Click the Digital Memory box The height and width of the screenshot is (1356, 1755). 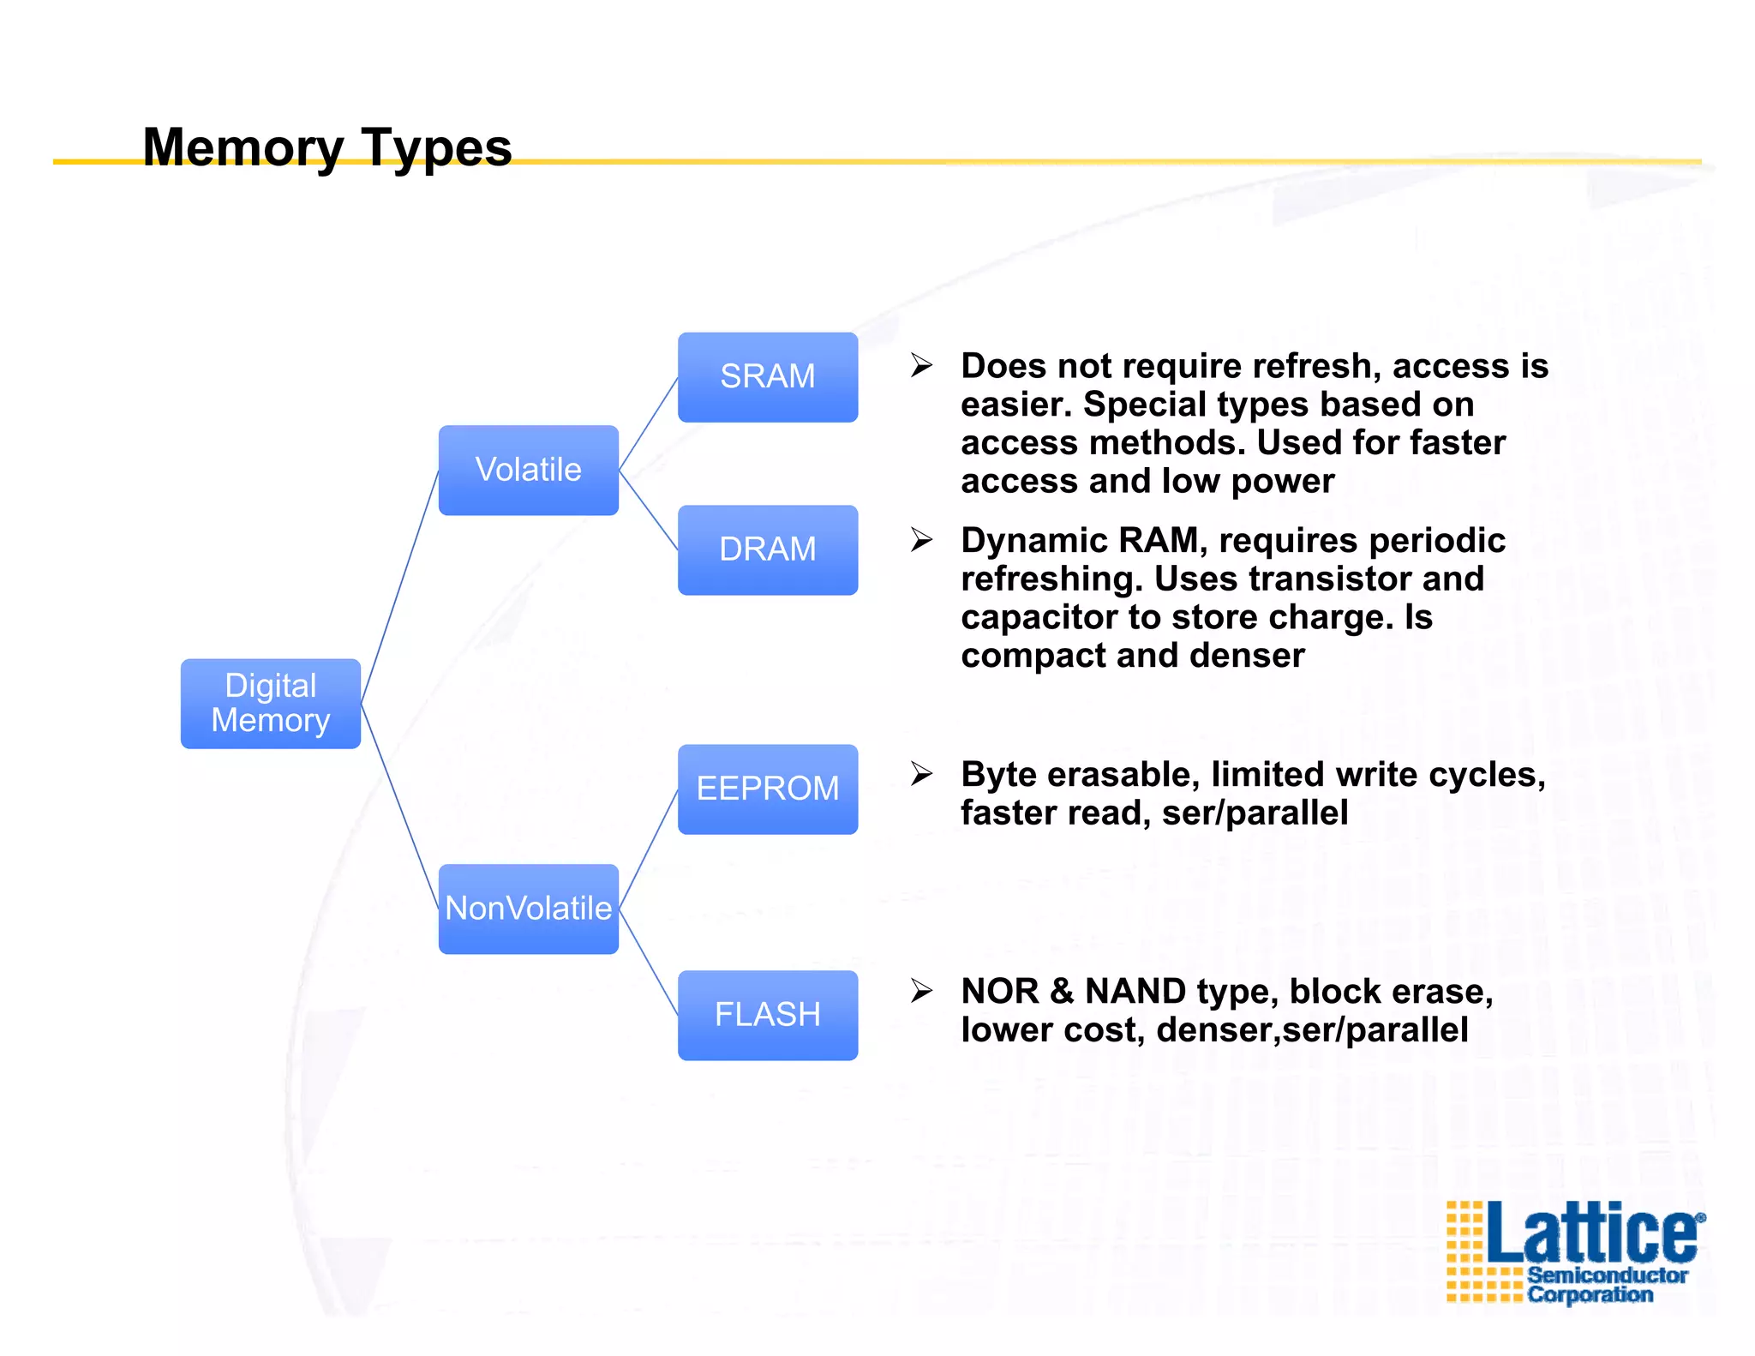pos(271,703)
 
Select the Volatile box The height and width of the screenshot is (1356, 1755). pos(528,470)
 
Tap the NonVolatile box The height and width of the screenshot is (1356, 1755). pos(528,909)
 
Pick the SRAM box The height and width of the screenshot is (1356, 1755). pos(768,377)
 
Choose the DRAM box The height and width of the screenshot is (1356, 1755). pos(768,549)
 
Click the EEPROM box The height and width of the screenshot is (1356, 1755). pos(768,789)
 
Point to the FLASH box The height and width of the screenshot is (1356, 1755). pos(768,1015)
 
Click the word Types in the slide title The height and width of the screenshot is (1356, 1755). pos(436,148)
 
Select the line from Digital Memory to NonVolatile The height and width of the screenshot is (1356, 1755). pos(399,806)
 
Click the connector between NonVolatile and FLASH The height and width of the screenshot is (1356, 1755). pos(649,963)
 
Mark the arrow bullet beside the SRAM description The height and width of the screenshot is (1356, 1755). pos(921,365)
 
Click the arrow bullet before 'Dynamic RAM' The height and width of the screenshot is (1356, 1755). pos(921,540)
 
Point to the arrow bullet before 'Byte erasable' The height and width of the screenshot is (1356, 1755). pos(921,774)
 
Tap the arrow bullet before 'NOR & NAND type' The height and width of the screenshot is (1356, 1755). pos(921,991)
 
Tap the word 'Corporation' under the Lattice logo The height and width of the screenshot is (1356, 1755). pos(1590,1294)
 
